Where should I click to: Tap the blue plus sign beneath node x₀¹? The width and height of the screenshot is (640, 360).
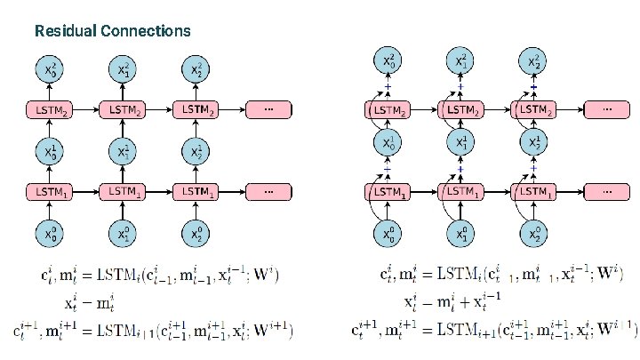click(x=388, y=168)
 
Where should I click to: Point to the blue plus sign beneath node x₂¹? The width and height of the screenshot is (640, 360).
click(x=533, y=168)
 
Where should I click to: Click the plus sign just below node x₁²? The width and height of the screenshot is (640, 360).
click(x=460, y=86)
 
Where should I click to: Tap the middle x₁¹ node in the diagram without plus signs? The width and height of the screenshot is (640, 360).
click(x=122, y=150)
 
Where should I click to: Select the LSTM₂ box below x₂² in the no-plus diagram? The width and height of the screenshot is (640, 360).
click(x=195, y=109)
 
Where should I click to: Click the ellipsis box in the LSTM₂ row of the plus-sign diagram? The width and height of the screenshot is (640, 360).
click(x=607, y=109)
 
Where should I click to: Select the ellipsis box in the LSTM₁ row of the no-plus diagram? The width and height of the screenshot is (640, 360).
click(x=268, y=191)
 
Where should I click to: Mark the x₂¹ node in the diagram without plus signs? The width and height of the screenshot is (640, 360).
click(x=195, y=150)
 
